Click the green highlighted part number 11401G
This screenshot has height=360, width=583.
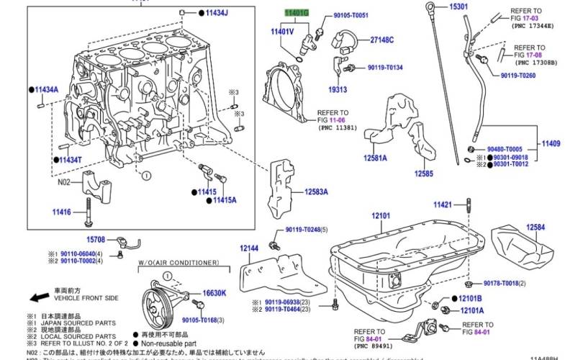pyautogui.click(x=297, y=13)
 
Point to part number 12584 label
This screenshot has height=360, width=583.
pyautogui.click(x=535, y=227)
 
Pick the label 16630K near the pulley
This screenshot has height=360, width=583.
pyautogui.click(x=214, y=293)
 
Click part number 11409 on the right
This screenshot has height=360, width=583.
pyautogui.click(x=551, y=143)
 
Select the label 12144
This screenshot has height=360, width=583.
pyautogui.click(x=249, y=248)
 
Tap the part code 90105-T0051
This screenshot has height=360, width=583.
pyautogui.click(x=351, y=15)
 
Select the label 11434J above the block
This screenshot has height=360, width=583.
pyautogui.click(x=216, y=14)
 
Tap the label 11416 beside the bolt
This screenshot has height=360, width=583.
pyautogui.click(x=61, y=212)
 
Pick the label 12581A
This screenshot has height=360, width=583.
pyautogui.click(x=375, y=158)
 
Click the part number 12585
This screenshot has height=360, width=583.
pyautogui.click(x=423, y=174)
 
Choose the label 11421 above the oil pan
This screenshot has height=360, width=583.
pyautogui.click(x=442, y=205)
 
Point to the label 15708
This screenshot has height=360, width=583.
pyautogui.click(x=96, y=239)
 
